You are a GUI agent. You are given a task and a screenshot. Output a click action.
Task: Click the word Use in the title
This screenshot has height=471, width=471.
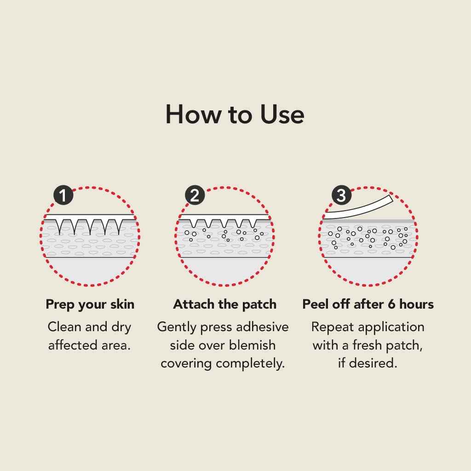(x=281, y=115)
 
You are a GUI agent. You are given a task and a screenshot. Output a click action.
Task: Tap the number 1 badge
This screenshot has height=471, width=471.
(x=63, y=196)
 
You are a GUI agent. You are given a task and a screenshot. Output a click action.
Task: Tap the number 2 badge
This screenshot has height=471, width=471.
(x=195, y=196)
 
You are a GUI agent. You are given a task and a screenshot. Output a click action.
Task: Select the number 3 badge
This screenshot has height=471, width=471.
(x=341, y=196)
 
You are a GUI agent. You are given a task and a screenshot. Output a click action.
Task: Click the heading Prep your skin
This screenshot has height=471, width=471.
(x=90, y=304)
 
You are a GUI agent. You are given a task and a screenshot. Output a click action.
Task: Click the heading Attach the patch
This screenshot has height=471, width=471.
(x=225, y=304)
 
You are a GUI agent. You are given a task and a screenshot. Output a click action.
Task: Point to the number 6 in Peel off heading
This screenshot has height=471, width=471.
(x=391, y=304)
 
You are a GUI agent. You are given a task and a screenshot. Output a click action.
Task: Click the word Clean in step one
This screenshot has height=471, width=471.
(x=64, y=327)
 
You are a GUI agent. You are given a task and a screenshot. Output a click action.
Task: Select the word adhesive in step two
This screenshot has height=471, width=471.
(x=262, y=327)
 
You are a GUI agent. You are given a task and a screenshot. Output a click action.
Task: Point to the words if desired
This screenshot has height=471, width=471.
(x=368, y=363)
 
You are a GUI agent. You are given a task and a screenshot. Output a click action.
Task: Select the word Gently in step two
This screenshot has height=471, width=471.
(x=178, y=327)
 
